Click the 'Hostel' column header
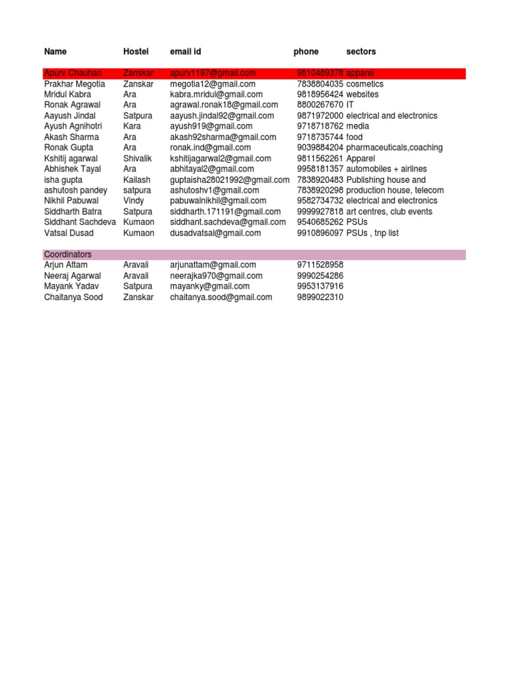pos(136,51)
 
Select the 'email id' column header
pos(185,51)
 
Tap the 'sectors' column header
pos(361,51)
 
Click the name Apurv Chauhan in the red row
pos(73,73)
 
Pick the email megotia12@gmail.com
pos(213,84)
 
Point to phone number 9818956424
pos(320,95)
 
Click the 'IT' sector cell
pos(350,105)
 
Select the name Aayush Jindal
pos(70,115)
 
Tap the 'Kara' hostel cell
pos(132,126)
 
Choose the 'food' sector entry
pos(355,137)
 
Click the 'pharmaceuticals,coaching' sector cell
pos(394,147)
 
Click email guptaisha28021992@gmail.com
pos(229,179)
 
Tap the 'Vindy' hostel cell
pos(134,200)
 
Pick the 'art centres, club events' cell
pos(389,211)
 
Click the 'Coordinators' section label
pos(68,255)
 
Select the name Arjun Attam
pos(65,265)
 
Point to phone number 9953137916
pos(320,286)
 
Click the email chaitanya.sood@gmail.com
pos(221,297)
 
